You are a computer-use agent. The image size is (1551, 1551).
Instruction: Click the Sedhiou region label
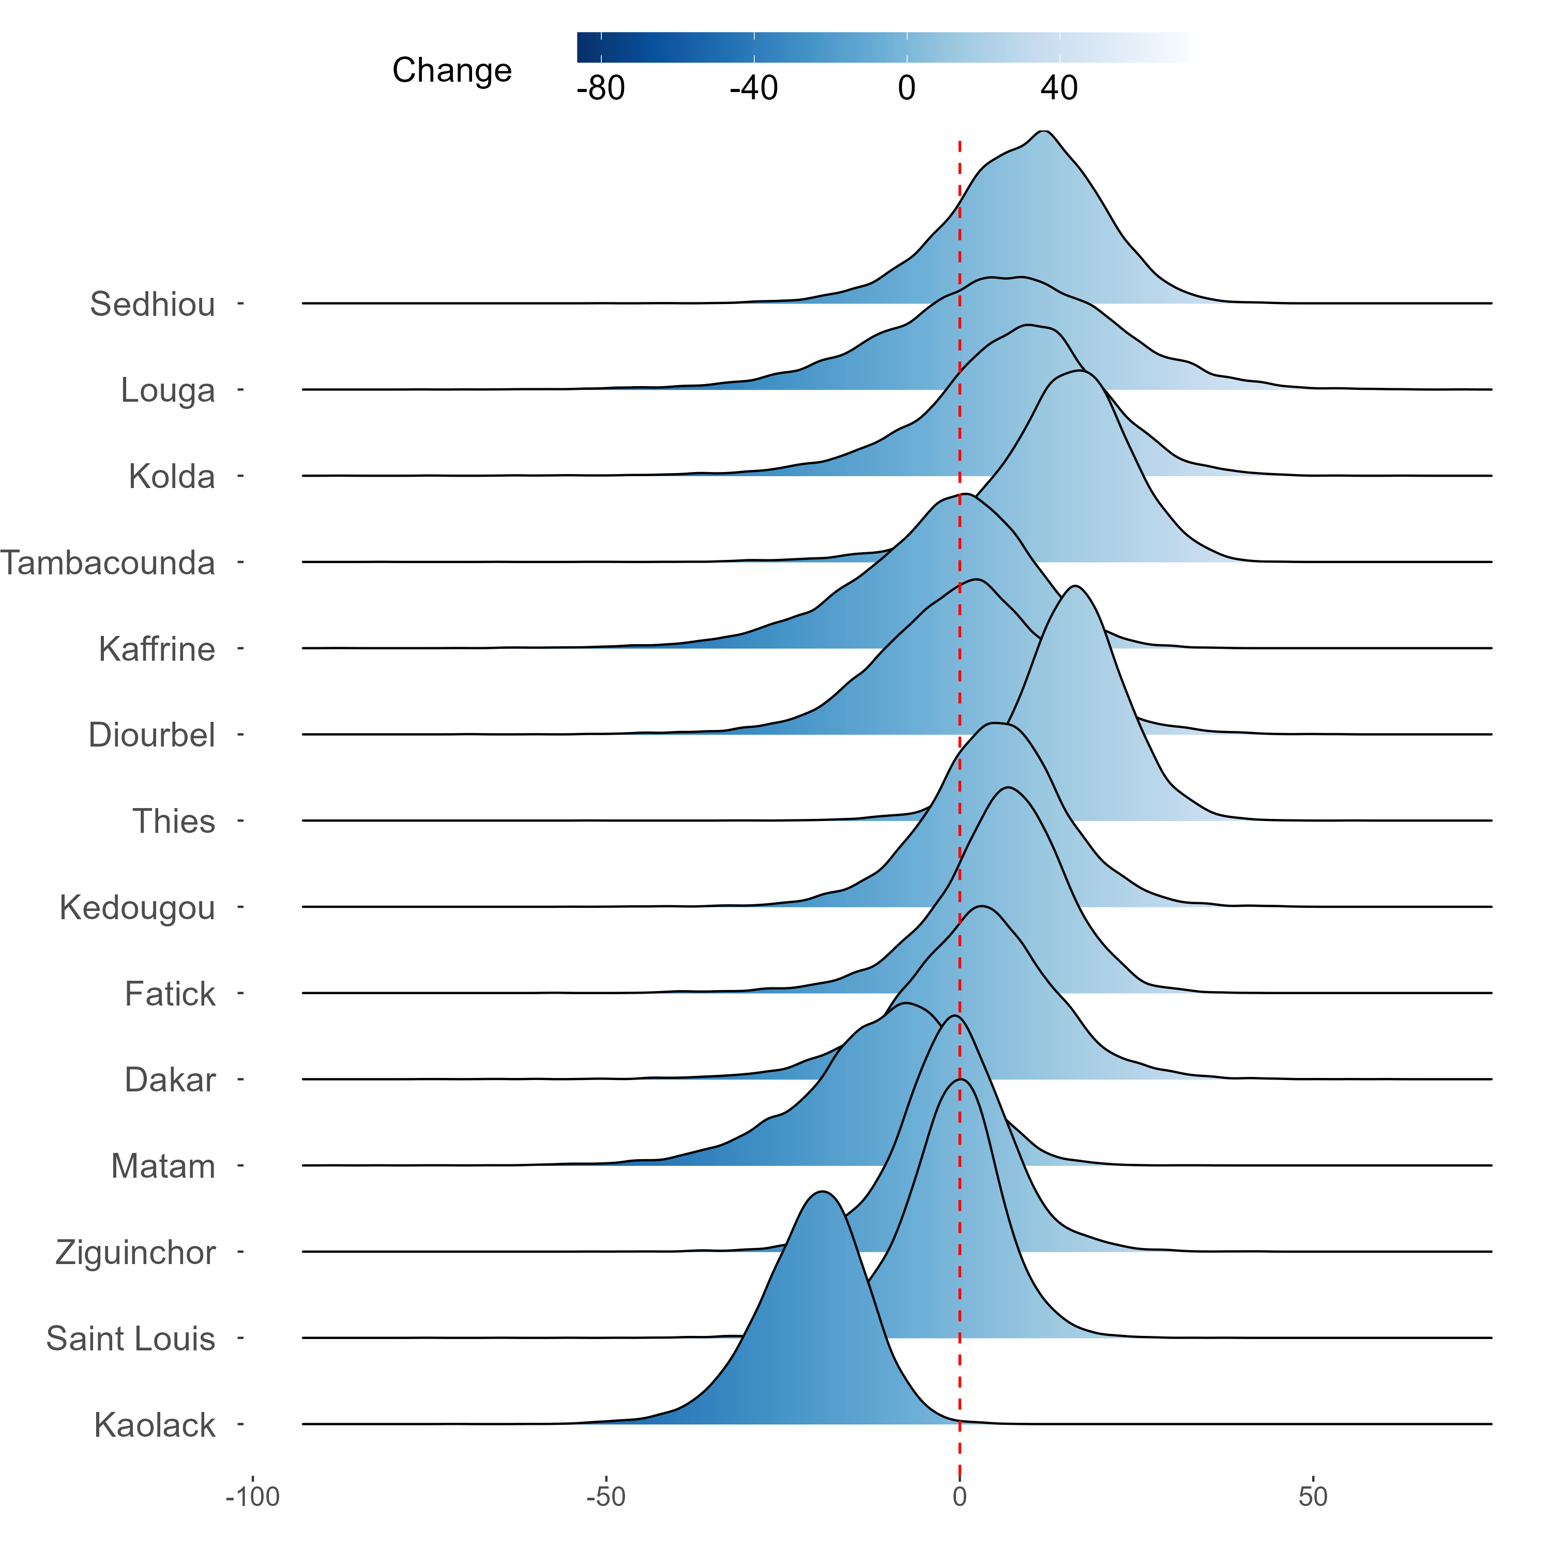click(153, 305)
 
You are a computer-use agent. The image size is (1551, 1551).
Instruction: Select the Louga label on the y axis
click(168, 390)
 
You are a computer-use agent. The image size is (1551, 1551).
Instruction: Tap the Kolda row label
click(172, 477)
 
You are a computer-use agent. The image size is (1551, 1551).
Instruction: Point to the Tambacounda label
click(108, 563)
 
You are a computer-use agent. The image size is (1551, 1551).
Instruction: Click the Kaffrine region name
click(157, 649)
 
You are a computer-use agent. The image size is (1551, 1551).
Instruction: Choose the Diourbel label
click(151, 735)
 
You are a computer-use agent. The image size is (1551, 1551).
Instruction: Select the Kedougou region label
click(138, 908)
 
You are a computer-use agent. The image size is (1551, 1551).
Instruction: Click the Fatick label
click(170, 994)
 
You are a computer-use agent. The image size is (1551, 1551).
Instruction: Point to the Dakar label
click(170, 1080)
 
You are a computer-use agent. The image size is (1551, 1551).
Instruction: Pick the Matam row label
click(163, 1166)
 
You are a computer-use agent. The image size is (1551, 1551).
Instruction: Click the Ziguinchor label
click(135, 1252)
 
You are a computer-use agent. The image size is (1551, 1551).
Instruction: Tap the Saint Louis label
click(131, 1339)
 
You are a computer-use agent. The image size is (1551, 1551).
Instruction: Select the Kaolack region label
click(155, 1425)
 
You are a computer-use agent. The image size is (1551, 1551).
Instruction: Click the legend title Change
click(452, 71)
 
